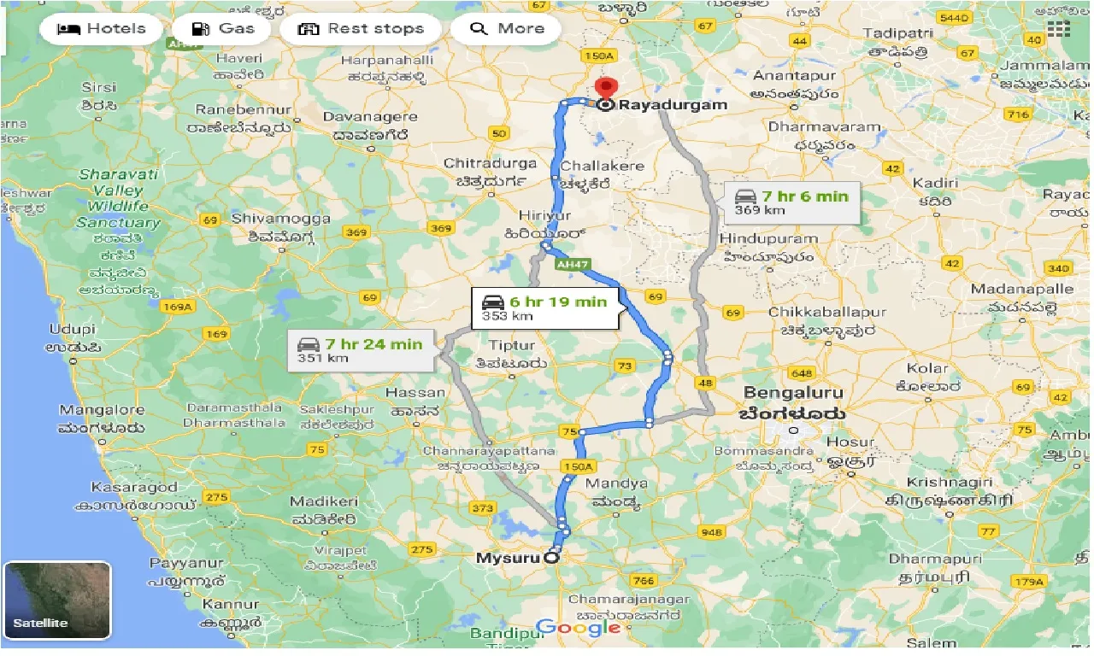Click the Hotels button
click(x=101, y=29)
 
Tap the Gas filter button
click(x=223, y=29)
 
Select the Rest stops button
click(x=360, y=29)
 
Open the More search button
click(x=506, y=29)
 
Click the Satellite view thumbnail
click(x=57, y=600)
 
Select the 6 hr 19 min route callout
click(x=545, y=308)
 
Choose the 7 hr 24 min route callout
click(x=360, y=350)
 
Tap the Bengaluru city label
click(x=793, y=394)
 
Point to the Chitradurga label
click(x=491, y=163)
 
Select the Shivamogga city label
click(x=280, y=219)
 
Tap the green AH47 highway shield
click(x=573, y=266)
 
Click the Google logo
click(x=579, y=628)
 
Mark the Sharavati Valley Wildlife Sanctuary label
click(x=120, y=198)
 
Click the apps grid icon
click(x=1058, y=28)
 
